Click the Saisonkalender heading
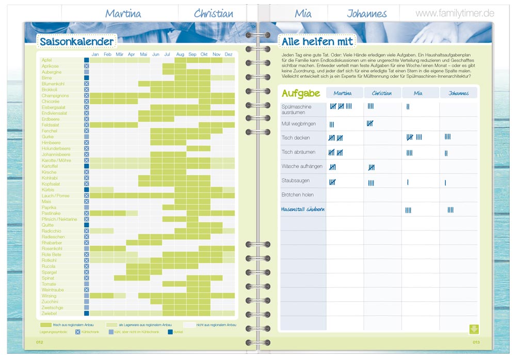[x=76, y=41]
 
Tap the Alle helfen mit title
[x=317, y=41]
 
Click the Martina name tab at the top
[x=123, y=14]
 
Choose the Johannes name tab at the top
[x=367, y=14]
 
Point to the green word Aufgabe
[x=301, y=93]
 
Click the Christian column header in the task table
[x=381, y=93]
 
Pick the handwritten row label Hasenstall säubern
[x=303, y=209]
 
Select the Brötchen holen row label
[x=298, y=195]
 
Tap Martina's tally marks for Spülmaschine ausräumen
[x=341, y=106]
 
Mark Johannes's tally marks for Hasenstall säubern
[x=450, y=210]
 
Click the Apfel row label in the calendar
[x=47, y=60]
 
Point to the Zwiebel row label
[x=49, y=313]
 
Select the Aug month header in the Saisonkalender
[x=180, y=54]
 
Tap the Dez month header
[x=229, y=54]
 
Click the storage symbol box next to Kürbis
[x=87, y=190]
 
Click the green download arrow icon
[x=474, y=329]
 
